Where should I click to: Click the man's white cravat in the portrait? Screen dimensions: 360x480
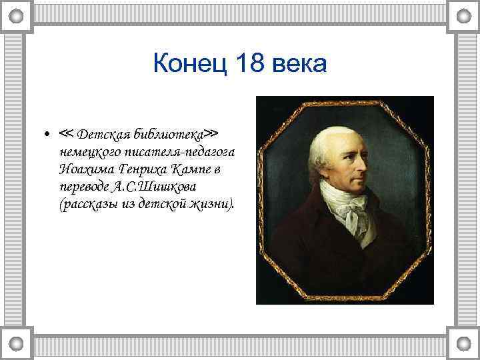[346, 206]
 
